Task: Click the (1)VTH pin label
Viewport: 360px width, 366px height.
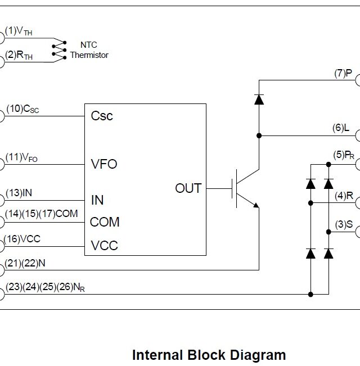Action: (19, 31)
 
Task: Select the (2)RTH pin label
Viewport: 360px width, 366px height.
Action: (19, 55)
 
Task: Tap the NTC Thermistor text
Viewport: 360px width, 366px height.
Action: (89, 49)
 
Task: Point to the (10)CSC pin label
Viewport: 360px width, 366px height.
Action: (22, 109)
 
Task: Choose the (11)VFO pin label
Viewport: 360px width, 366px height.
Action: (22, 157)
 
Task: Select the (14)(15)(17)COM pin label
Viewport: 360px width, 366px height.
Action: (41, 214)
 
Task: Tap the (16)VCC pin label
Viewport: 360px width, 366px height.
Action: (22, 239)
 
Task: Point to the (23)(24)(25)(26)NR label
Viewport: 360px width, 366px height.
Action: (45, 287)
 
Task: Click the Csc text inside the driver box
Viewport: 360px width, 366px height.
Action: (102, 116)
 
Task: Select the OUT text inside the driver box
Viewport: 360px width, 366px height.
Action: (188, 188)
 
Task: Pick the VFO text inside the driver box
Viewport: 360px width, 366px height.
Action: (104, 164)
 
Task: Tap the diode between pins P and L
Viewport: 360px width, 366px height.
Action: (259, 99)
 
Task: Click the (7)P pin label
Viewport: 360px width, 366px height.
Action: (343, 74)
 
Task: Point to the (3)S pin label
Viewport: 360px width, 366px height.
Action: (344, 224)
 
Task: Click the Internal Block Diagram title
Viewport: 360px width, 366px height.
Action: (209, 355)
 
